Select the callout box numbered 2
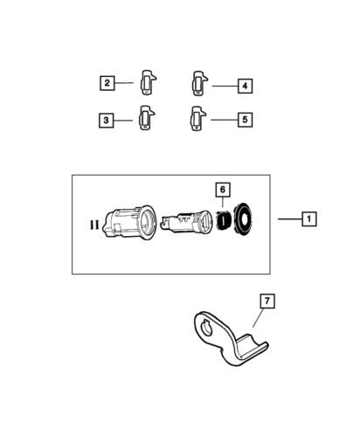[x=107, y=83]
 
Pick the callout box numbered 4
[x=245, y=86]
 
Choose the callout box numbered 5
[x=245, y=117]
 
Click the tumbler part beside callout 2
[x=147, y=82]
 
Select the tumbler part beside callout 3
[x=145, y=118]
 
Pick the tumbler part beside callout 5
[x=196, y=117]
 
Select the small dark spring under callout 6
[x=224, y=219]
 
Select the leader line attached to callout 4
[x=222, y=86]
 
